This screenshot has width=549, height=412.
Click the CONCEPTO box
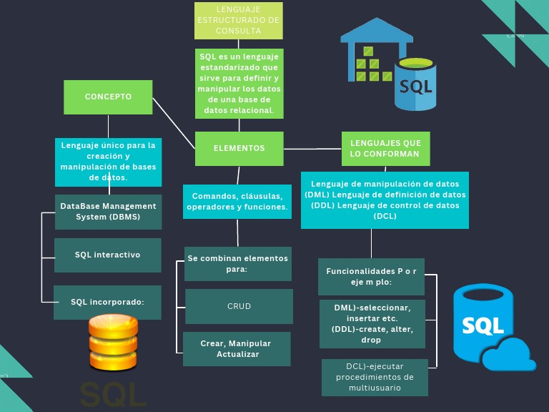tap(108, 97)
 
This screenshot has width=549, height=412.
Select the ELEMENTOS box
tap(239, 148)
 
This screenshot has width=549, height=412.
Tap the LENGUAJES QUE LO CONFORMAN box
tap(385, 149)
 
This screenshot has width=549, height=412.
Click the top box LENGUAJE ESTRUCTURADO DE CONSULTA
tap(239, 20)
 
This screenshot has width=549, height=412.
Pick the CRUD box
tap(239, 306)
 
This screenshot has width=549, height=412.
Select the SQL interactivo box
tap(108, 255)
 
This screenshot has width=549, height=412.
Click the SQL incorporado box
tap(108, 302)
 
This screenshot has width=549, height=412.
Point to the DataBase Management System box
tap(108, 212)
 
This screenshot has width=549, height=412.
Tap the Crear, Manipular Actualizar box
tap(237, 349)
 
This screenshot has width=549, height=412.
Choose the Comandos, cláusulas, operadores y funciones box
tap(237, 202)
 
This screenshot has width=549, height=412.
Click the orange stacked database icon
tap(112, 343)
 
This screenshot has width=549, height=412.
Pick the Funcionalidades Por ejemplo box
tap(371, 276)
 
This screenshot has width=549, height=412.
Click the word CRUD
tap(239, 306)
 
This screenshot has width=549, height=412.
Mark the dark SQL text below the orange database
tap(112, 394)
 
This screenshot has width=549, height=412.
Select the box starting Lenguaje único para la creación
tap(108, 162)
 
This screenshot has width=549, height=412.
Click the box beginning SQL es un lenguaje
tap(239, 83)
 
